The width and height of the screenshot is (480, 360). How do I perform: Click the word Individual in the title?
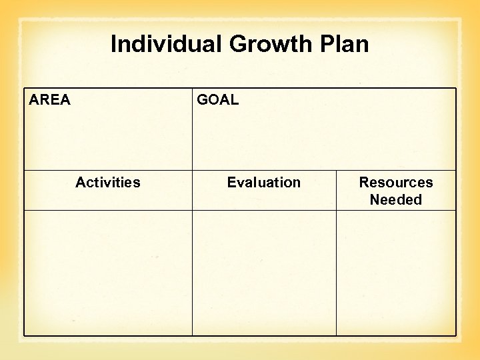pos(166,45)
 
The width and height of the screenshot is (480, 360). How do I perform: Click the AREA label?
pos(49,100)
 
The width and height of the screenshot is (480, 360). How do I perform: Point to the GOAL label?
pos(217,100)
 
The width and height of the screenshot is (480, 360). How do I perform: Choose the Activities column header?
pos(108,183)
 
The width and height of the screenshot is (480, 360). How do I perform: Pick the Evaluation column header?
pos(264,183)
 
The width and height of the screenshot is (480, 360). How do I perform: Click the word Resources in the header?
pos(396,183)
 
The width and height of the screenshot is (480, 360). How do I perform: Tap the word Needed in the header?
pos(396,200)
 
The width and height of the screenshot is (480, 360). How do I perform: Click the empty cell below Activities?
pos(108,273)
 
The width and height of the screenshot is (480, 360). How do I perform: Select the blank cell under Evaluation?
pos(264,273)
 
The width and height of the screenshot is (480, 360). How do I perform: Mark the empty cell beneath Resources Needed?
pos(396,273)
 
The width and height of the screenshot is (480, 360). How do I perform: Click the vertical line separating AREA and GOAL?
pos(193,130)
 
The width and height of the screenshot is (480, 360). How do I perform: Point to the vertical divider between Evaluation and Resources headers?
pos(336,190)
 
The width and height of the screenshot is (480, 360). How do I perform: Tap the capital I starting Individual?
pos(113,45)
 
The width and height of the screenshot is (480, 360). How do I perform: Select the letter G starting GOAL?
pos(202,100)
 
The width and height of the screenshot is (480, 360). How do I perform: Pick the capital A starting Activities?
pos(80,183)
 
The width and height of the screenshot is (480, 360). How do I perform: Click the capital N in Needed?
pos(375,200)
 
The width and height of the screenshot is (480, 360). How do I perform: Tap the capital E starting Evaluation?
pos(231,183)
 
